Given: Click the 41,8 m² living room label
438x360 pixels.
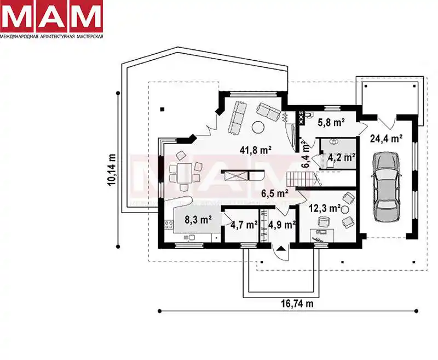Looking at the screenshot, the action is (x=256, y=150).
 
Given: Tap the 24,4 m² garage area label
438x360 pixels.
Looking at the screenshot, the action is (x=386, y=138).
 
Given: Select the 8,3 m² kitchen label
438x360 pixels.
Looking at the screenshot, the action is (x=198, y=220).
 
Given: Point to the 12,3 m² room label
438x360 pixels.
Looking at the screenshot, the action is (x=325, y=208).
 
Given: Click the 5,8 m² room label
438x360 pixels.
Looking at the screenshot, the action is (x=331, y=122).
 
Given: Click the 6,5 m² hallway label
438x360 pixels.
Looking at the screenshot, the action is (x=275, y=193).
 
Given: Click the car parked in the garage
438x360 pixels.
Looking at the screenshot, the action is (x=387, y=187).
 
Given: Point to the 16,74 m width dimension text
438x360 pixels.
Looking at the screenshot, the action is (x=297, y=304).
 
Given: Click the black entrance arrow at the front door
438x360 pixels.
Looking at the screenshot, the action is (x=281, y=248).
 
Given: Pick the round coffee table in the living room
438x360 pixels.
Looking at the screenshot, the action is (x=258, y=128).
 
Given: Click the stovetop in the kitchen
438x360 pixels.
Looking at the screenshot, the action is (x=169, y=225).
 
